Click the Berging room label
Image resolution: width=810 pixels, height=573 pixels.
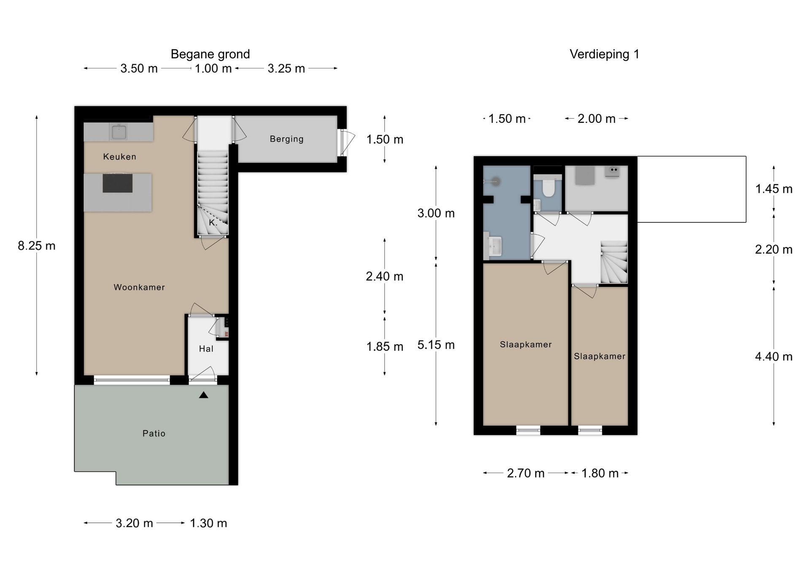(x=286, y=139)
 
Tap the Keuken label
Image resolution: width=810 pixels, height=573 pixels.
(x=119, y=157)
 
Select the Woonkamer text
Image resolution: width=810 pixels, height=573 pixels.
(x=139, y=287)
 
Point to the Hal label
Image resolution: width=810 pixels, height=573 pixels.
(x=206, y=349)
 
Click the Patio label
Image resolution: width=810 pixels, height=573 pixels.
(x=154, y=433)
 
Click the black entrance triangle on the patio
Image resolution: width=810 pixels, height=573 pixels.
(x=204, y=395)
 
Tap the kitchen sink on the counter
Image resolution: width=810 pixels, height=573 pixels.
(x=119, y=132)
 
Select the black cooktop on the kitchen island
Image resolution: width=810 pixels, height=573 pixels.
(x=118, y=183)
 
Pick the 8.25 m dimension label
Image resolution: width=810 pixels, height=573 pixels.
(x=37, y=246)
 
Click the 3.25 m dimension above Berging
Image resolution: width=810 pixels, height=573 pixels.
(x=286, y=68)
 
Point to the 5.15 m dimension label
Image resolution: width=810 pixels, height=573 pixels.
(x=436, y=345)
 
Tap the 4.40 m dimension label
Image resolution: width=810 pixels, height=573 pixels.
(x=774, y=357)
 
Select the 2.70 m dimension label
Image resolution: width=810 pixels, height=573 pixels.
(x=526, y=473)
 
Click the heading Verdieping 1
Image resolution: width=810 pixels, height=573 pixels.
(x=604, y=54)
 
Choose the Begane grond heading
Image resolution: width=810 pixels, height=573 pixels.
(x=210, y=54)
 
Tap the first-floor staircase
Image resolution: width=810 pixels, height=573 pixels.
(x=614, y=262)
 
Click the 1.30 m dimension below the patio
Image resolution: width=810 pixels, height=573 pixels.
(x=208, y=523)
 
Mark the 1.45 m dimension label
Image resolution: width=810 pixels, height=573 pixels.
(x=774, y=189)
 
